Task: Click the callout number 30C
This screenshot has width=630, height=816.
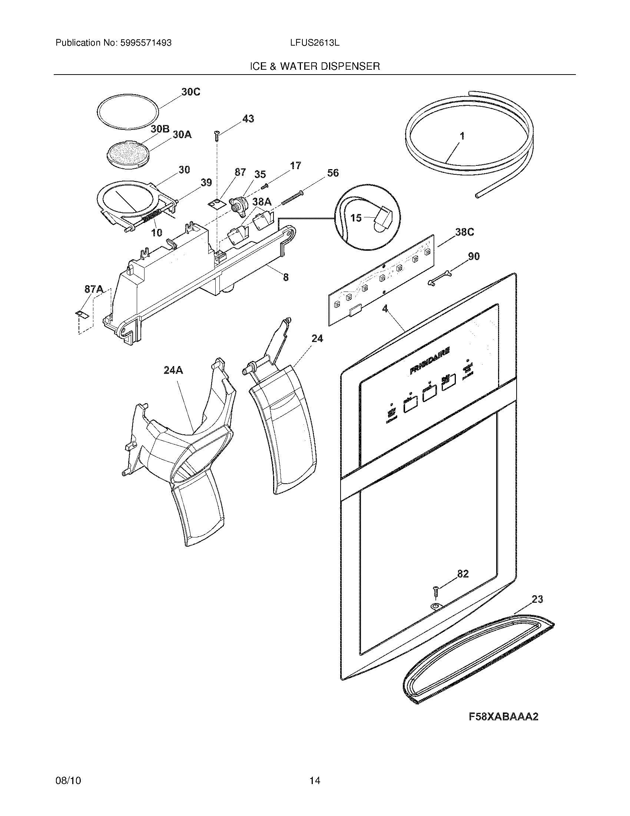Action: click(190, 92)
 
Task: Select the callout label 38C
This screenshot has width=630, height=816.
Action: click(464, 233)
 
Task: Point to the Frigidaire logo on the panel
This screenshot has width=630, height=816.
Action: click(429, 360)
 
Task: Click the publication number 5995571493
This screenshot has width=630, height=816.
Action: click(146, 43)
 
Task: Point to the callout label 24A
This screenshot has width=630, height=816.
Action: click(173, 370)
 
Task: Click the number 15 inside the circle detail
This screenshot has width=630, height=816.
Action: click(356, 218)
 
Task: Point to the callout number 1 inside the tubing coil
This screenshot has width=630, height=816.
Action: click(462, 136)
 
